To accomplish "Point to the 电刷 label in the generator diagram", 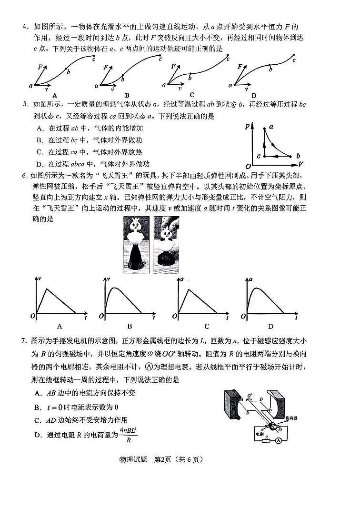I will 259,434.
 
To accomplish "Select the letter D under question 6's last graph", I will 270,326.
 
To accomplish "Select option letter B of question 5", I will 39,140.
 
